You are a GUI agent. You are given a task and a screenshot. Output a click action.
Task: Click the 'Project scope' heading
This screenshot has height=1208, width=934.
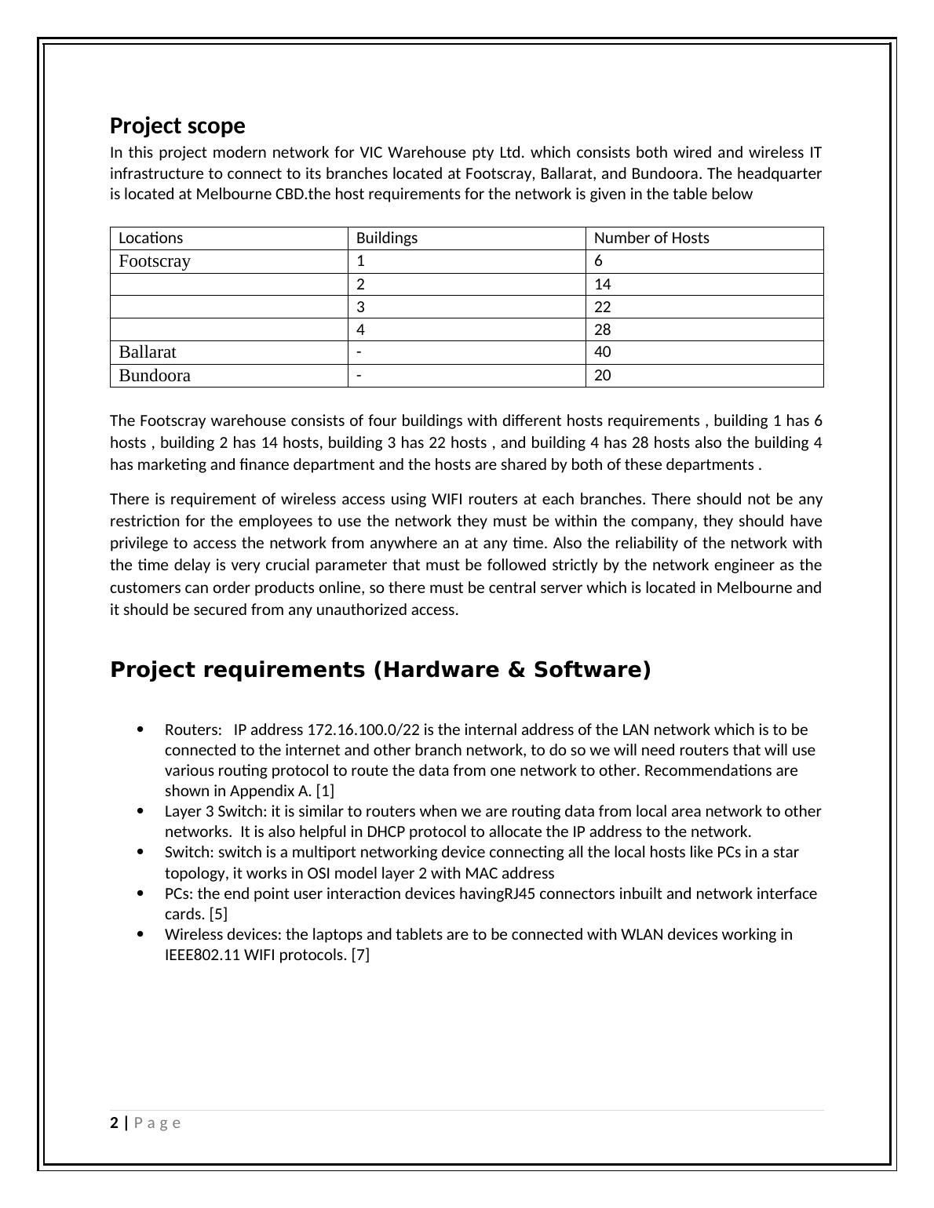[177, 126]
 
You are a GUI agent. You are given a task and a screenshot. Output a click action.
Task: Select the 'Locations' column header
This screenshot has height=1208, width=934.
[151, 238]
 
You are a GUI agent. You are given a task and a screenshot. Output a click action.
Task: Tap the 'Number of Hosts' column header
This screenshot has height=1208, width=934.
[651, 238]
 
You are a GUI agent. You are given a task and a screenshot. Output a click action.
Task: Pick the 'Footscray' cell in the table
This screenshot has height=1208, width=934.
[155, 261]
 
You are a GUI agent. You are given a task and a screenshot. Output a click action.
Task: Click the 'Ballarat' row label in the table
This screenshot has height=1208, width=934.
[148, 352]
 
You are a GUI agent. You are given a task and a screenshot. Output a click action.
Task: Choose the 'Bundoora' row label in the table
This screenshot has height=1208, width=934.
[155, 376]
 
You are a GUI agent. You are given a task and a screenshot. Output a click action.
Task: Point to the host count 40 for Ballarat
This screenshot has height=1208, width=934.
[602, 352]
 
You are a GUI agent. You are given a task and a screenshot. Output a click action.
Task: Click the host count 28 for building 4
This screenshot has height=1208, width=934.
[602, 329]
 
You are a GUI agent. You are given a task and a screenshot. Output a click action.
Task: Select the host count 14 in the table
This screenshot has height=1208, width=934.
[602, 285]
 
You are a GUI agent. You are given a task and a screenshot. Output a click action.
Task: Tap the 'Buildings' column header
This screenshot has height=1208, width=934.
[387, 238]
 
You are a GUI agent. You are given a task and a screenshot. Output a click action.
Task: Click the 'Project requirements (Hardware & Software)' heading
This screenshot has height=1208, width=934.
[381, 670]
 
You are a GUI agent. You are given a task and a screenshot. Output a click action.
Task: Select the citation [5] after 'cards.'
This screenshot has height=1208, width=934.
[218, 914]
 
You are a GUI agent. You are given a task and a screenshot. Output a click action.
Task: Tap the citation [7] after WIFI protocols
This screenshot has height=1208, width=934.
[360, 955]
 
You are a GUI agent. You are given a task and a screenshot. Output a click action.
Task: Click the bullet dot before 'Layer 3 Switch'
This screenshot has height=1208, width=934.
[140, 811]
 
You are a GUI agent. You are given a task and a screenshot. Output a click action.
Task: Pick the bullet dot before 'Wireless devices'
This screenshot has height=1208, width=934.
[140, 934]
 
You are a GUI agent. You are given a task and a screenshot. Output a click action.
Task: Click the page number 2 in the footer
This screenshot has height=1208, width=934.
[115, 1122]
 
